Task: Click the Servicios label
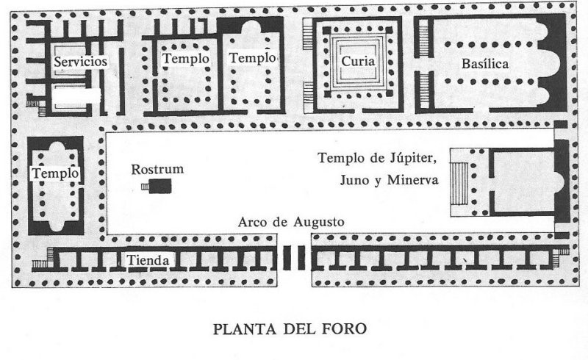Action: (x=81, y=62)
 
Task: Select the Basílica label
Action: (x=485, y=63)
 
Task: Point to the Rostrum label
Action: (x=157, y=170)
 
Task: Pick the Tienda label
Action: (x=149, y=260)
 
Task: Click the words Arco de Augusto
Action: (x=291, y=222)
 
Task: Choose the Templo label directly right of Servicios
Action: (x=186, y=58)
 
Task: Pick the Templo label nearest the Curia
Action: (x=252, y=58)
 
